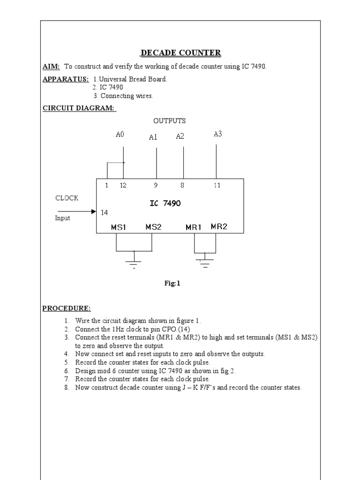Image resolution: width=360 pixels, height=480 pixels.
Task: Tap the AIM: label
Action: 51,67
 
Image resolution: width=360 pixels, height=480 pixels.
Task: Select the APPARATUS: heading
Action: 66,79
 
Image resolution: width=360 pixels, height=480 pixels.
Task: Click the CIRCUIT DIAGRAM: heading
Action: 79,108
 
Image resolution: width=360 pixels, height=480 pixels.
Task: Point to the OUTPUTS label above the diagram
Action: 169,121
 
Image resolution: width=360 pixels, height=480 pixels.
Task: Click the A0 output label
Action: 120,135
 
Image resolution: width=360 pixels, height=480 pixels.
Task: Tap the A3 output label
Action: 217,134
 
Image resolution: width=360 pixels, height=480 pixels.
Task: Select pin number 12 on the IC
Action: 123,185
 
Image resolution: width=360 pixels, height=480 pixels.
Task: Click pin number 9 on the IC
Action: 156,185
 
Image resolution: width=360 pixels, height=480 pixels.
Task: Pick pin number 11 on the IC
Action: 217,185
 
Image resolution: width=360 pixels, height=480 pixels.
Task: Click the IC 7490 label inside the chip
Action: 165,203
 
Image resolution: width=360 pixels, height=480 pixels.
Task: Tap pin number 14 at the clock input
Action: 104,212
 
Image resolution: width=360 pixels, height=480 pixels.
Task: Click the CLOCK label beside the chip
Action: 67,198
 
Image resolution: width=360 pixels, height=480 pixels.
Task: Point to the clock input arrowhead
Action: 93,212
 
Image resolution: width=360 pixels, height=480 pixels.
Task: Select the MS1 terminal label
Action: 119,227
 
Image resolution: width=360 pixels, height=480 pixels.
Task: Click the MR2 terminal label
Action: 219,227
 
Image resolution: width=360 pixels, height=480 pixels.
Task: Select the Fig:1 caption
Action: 172,283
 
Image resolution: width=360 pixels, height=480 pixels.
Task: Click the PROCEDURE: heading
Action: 67,308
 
